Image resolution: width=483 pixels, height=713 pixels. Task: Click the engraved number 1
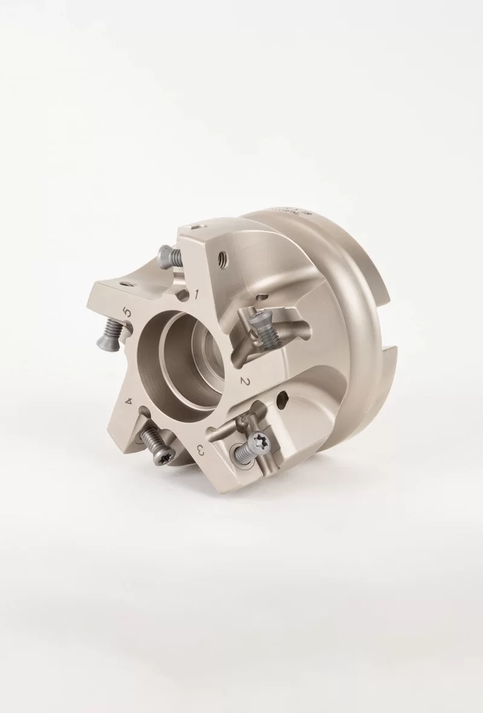(197, 294)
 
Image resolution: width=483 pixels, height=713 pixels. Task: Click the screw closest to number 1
(170, 257)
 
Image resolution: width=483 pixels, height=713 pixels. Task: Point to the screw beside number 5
(108, 334)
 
